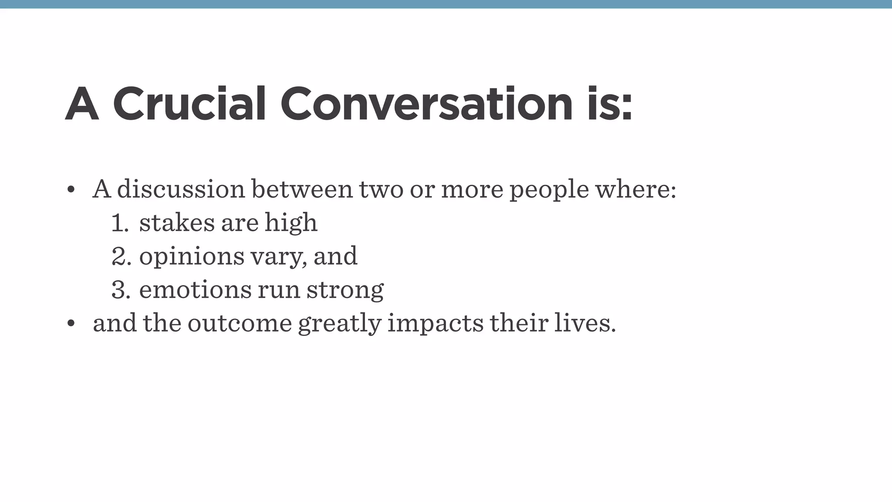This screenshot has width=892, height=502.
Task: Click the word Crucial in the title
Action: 189,104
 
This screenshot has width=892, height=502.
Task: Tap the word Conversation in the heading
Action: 426,104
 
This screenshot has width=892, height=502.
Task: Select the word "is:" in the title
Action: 609,104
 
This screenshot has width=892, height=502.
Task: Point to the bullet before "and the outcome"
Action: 71,323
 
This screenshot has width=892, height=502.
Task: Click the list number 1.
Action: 119,223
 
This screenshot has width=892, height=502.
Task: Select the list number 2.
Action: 121,256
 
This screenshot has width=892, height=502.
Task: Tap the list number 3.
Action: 121,290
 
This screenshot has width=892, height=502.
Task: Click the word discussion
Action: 181,190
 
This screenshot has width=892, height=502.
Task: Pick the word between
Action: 302,190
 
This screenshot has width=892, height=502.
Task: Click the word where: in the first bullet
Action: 635,190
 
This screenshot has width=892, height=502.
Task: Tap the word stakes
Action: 177,223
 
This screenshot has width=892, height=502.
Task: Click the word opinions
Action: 192,257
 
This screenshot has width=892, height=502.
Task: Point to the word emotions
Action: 195,290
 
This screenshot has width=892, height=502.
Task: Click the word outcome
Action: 240,323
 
